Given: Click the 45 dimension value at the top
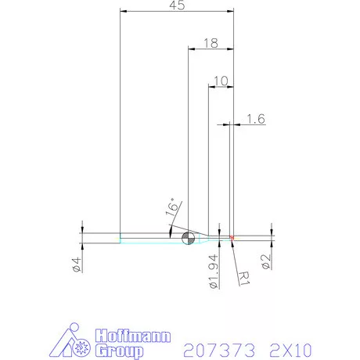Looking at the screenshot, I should [176, 6].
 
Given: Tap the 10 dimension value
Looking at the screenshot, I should [220, 81].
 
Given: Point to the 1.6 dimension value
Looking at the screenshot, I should [255, 119].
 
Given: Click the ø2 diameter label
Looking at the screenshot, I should [266, 260].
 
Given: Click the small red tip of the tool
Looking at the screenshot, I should [232, 237].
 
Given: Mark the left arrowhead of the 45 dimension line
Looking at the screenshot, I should [122, 13].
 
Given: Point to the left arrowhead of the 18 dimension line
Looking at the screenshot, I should [191, 49].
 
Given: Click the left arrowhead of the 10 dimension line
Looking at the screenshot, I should [210, 86].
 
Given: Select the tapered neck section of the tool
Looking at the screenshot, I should [202, 237].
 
